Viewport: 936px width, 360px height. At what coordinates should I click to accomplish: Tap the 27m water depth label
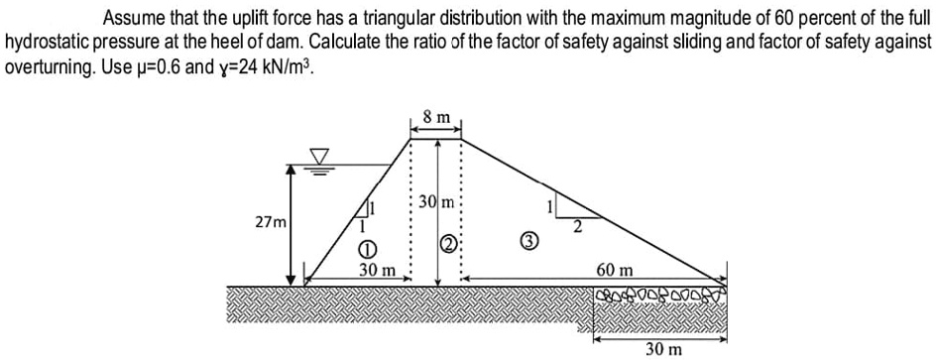tap(269, 223)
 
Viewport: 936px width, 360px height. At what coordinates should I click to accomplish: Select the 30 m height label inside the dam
tap(434, 202)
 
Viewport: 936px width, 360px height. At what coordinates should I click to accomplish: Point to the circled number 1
tap(366, 249)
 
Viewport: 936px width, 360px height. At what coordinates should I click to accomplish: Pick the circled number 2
tap(447, 245)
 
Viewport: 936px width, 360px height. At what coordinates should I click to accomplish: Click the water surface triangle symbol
tap(319, 157)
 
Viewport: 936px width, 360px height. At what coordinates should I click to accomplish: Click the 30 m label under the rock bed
tap(662, 349)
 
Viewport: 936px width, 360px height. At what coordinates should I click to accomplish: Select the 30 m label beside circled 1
tap(377, 270)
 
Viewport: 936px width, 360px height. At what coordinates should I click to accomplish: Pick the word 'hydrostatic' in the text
tap(49, 45)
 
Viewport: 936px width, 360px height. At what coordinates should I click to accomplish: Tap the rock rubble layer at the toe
tap(658, 297)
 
